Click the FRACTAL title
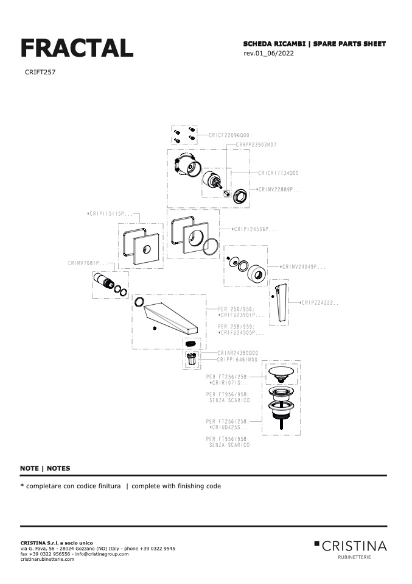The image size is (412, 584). click(77, 48)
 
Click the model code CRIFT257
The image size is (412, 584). click(41, 72)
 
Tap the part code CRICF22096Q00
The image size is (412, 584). click(229, 135)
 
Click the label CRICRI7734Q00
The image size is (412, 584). click(278, 173)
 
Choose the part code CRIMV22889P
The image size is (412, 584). click(281, 190)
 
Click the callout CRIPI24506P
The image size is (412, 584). click(256, 229)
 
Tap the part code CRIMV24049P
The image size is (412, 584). click(304, 266)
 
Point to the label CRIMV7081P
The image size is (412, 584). click(88, 263)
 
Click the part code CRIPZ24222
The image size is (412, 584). click(319, 302)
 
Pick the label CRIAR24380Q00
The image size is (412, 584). click(238, 353)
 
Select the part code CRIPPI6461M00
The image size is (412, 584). click(238, 360)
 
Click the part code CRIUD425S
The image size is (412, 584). click(231, 428)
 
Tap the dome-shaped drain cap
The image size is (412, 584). click(281, 373)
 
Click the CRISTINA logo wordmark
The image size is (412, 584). click(354, 545)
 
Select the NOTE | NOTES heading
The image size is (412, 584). click(45, 468)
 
